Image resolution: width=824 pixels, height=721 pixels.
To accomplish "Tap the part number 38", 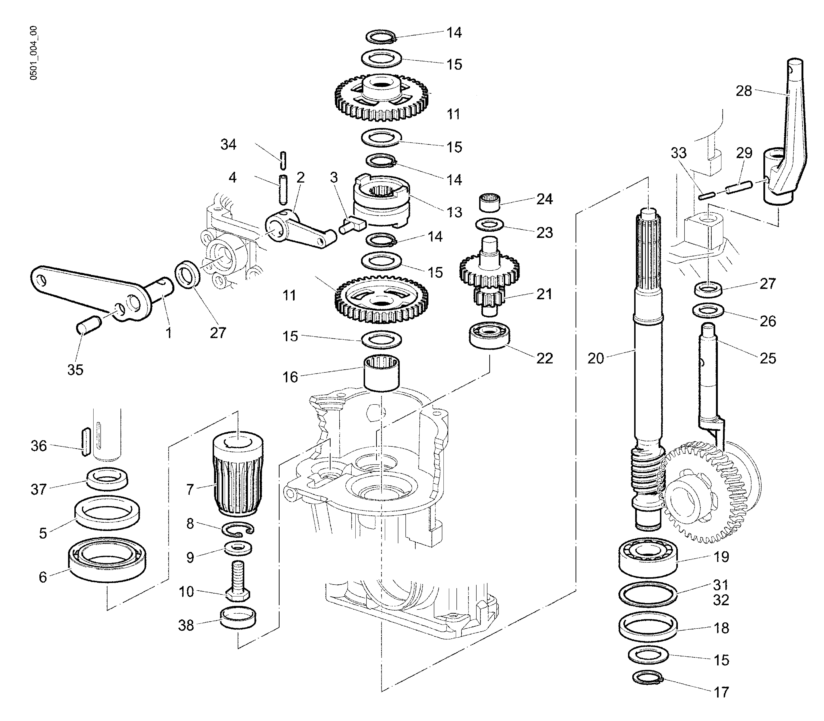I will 186,626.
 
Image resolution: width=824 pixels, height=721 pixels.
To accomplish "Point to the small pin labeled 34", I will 283,160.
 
